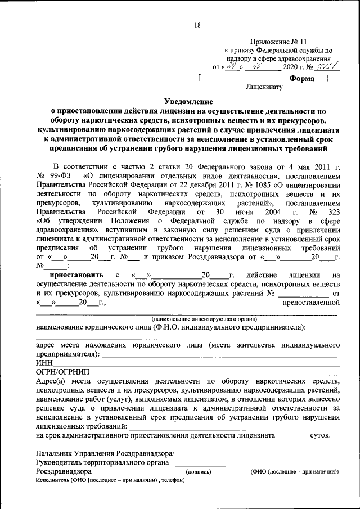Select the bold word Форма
tap(301, 79)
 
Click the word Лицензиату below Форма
tap(263, 88)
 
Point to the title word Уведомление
tap(188, 102)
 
